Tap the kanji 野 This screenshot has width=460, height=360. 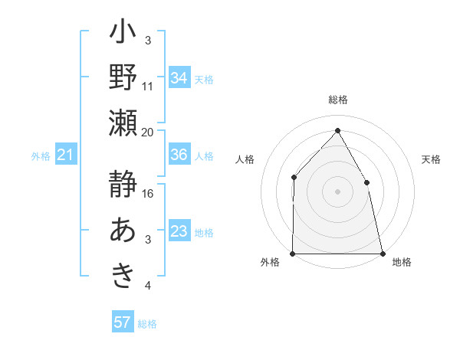pos(123,77)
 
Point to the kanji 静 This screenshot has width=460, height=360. pos(123,186)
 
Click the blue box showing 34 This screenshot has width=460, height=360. pos(179,77)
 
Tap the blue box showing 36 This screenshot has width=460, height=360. pos(179,155)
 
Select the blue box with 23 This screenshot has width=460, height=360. pos(179,231)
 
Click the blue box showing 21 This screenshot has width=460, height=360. pos(65,155)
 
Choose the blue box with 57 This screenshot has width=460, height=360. pos(122,322)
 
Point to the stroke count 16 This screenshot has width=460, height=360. pos(149,193)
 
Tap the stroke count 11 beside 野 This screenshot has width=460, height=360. pos(148,86)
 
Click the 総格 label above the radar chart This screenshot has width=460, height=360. pos(338,100)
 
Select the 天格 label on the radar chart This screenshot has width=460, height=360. pos(432,159)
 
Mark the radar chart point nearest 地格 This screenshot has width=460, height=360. pos(382,253)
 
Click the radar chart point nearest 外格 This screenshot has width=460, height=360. pos(293,253)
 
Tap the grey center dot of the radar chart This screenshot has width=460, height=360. pos(337,191)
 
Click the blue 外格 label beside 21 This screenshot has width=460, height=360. pos(41,156)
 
